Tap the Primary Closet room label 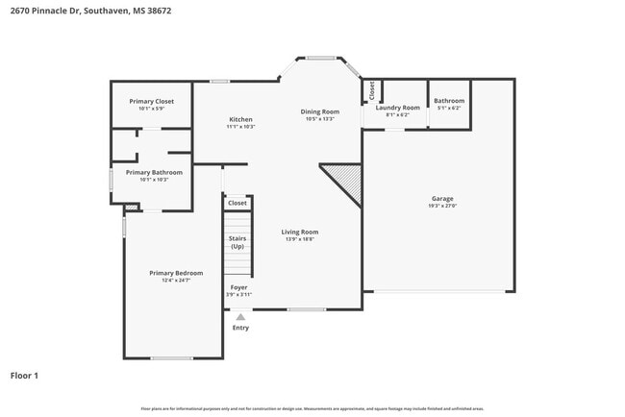[151, 101]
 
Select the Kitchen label [239, 119]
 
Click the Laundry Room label [397, 108]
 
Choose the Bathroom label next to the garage [449, 101]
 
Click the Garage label [442, 199]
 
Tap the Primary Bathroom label [154, 173]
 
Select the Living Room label [299, 232]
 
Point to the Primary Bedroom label [176, 273]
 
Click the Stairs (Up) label [237, 242]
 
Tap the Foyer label [237, 287]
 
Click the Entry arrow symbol [240, 316]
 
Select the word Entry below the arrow [240, 328]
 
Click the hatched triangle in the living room [345, 180]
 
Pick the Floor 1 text [24, 376]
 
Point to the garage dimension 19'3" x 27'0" [442, 206]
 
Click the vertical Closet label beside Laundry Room [372, 91]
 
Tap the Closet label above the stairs [237, 203]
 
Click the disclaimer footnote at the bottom [312, 408]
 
